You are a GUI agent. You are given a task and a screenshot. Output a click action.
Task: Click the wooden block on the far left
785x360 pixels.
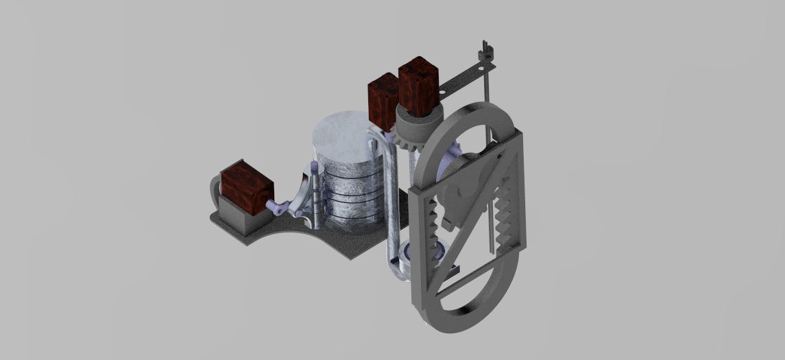point(245,186)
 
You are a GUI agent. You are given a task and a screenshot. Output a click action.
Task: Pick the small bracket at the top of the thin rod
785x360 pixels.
point(486,50)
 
